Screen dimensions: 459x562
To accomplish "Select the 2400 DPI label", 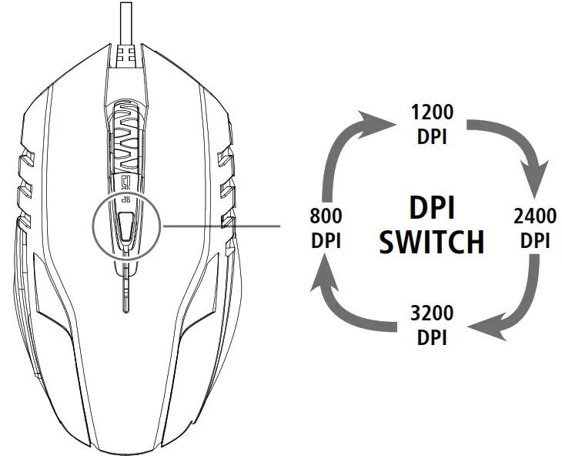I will pyautogui.click(x=534, y=227).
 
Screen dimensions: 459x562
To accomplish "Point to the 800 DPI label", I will pyautogui.click(x=326, y=227).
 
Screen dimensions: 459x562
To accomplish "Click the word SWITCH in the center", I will pyautogui.click(x=432, y=242).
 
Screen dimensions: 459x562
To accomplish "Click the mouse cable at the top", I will pyautogui.click(x=125, y=19).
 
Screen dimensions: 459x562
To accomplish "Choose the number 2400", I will pyautogui.click(x=534, y=216).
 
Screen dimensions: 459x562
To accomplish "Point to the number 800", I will pyautogui.click(x=326, y=216).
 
